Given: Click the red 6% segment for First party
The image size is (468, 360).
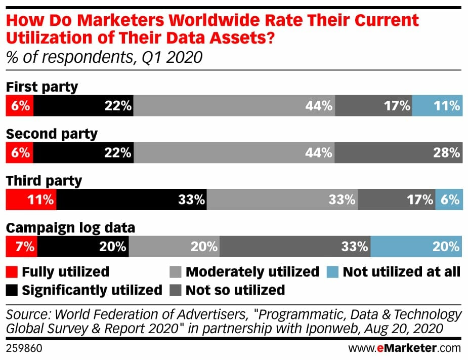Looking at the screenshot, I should tap(19, 106).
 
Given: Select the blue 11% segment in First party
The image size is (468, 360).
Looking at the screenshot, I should tap(437, 106).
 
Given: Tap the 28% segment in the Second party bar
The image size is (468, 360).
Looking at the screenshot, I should tap(398, 152).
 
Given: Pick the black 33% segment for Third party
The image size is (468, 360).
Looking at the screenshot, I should tap(132, 199).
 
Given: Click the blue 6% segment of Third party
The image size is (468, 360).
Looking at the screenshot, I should tap(449, 199).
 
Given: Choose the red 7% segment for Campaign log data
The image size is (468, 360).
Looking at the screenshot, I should tap(21, 247).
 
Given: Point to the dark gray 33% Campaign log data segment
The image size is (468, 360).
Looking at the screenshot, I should tap(295, 247).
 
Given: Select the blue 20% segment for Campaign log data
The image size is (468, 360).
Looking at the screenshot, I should tap(416, 247).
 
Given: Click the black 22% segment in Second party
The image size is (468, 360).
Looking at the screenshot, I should tap(83, 152).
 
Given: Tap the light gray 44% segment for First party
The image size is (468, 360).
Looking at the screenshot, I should tap(234, 106).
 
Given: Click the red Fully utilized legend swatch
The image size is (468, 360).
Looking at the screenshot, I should tap(12, 272).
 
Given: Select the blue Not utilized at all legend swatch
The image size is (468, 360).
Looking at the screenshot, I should tap(333, 272).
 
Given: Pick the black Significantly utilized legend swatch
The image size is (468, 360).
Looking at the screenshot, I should tap(12, 290).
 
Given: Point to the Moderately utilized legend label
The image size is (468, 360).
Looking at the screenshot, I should tap(252, 272).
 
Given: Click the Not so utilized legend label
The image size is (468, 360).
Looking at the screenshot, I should tap(235, 290).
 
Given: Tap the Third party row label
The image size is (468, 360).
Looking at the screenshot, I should tap(44, 181).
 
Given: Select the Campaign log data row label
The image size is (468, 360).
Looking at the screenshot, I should tap(70, 228).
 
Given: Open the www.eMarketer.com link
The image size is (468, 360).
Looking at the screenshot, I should tap(405, 348).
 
